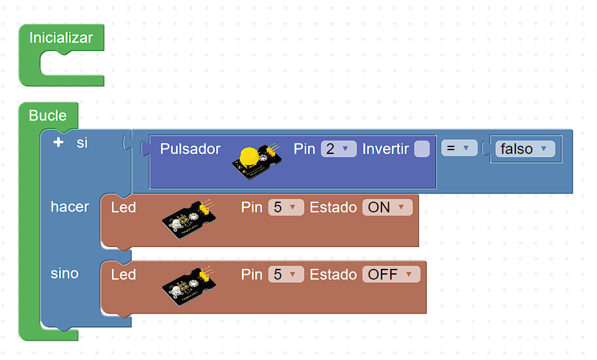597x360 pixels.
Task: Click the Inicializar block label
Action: pyautogui.click(x=61, y=38)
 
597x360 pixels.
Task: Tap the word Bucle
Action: pyautogui.click(x=48, y=116)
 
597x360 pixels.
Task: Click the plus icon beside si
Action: pyautogui.click(x=58, y=143)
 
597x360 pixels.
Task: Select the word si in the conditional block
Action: pyautogui.click(x=82, y=143)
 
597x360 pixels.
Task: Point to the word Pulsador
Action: pyautogui.click(x=190, y=149)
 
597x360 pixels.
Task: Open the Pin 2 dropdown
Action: pyautogui.click(x=338, y=149)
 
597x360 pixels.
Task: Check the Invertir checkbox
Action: pyautogui.click(x=422, y=149)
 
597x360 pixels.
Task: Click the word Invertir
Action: pyautogui.click(x=385, y=149)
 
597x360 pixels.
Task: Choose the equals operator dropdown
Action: pyautogui.click(x=458, y=148)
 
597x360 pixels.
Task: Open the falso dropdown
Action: pyautogui.click(x=525, y=149)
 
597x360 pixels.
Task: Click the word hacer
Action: pyautogui.click(x=70, y=207)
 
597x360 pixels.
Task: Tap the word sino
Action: pyautogui.click(x=65, y=273)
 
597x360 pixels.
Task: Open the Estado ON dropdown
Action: pyautogui.click(x=387, y=207)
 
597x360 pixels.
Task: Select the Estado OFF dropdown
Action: pyautogui.click(x=390, y=275)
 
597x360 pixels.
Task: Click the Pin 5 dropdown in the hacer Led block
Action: pyautogui.click(x=285, y=207)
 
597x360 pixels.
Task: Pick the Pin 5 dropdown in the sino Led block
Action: pyautogui.click(x=285, y=275)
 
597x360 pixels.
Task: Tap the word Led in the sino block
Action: pyautogui.click(x=123, y=275)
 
